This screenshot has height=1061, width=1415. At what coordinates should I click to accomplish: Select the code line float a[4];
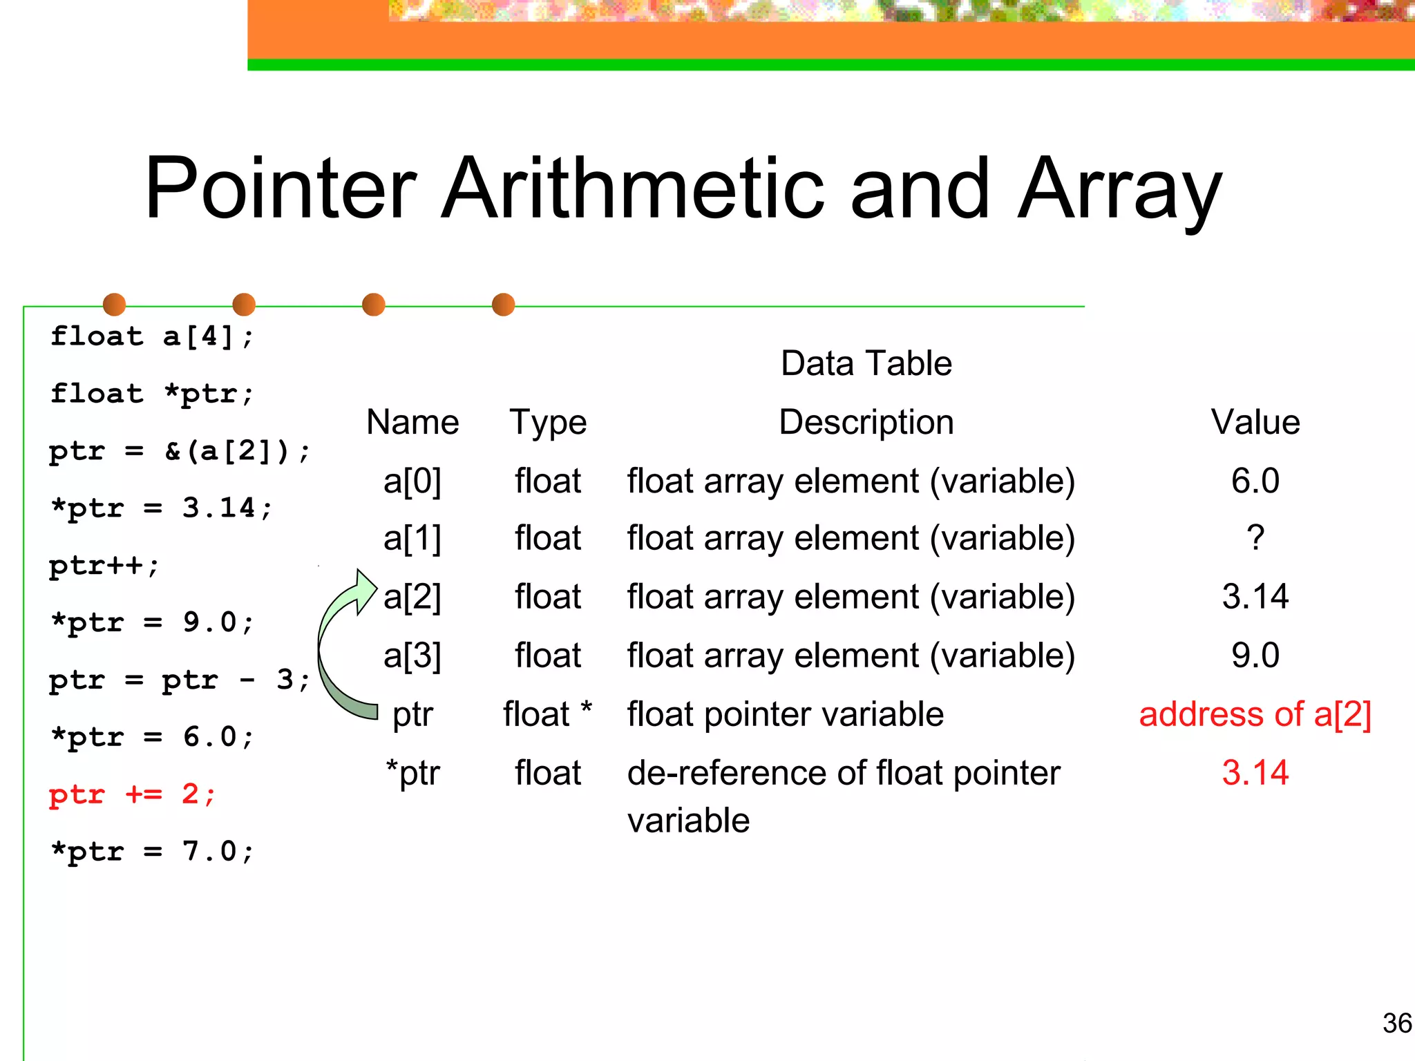[153, 337]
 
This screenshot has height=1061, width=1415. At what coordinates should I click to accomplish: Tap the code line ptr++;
[104, 566]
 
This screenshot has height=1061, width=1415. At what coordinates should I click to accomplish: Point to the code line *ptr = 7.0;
[153, 852]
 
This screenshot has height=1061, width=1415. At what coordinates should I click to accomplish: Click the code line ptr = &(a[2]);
[180, 452]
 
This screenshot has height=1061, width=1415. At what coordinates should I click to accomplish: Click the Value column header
[1255, 422]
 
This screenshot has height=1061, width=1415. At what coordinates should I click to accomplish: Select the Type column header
[548, 422]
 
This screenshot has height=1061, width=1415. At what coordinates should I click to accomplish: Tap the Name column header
[412, 422]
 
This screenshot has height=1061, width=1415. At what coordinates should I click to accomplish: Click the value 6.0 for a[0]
[1255, 481]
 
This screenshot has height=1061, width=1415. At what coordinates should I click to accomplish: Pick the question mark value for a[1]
[1255, 538]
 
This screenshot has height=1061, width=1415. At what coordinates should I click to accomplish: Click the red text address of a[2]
[1255, 714]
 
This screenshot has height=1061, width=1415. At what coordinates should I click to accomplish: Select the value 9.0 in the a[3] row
[1255, 656]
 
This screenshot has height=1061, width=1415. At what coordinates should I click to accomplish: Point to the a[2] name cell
[412, 597]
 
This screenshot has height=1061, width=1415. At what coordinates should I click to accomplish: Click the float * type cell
[548, 714]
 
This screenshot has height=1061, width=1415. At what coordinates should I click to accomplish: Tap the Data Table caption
[866, 363]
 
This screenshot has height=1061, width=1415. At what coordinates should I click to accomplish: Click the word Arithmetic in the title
[632, 188]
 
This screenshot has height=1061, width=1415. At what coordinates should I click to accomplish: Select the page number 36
[1396, 1023]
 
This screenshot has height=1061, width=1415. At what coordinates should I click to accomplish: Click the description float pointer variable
[785, 714]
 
